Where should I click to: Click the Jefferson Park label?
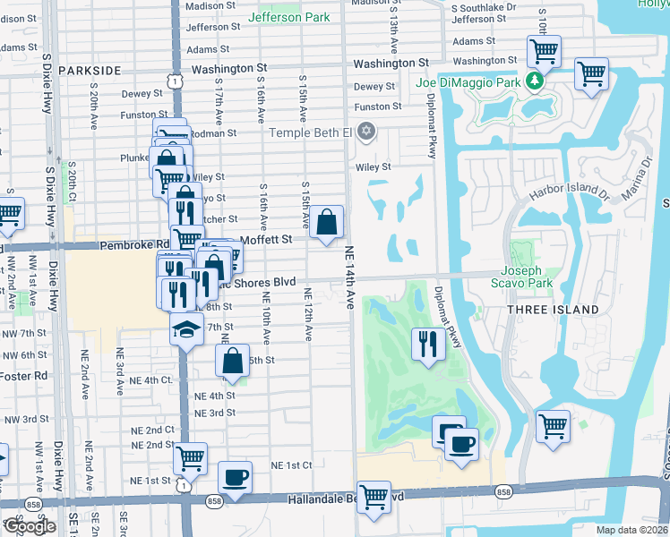pos(288,17)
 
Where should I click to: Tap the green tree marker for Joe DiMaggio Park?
pos(535,81)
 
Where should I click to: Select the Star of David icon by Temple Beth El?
pos(365,133)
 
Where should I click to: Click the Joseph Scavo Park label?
pos(533,277)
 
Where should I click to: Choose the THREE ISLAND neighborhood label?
pos(553,310)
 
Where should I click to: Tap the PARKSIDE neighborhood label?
pos(90,69)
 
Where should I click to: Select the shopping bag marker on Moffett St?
pos(328,222)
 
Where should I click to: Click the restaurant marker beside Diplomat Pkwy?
pos(427,343)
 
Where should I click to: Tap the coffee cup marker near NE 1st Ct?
pos(235,477)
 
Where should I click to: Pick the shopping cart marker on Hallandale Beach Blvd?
pos(373,496)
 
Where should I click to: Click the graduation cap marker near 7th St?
pos(186,329)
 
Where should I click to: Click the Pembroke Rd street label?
pos(135,244)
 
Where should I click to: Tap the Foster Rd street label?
pos(24,376)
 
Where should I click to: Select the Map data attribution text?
pos(632,530)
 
